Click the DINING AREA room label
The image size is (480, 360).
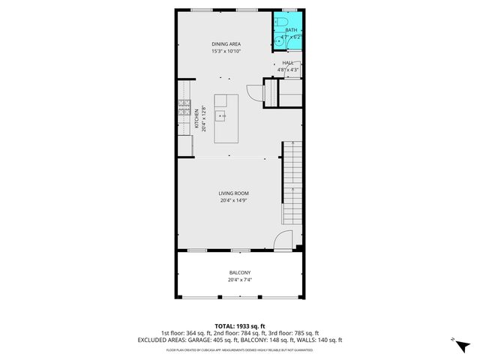coord(224,44)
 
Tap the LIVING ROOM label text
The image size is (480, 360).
coord(234,193)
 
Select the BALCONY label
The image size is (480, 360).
coord(240,272)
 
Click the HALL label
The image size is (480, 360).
coord(288,64)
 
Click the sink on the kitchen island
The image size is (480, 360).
coord(221,116)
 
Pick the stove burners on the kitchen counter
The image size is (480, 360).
coord(182,112)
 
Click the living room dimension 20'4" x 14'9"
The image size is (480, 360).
coord(234,200)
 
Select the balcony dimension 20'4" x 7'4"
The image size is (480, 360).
coord(240,280)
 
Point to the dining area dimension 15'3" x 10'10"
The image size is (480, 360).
coord(224,51)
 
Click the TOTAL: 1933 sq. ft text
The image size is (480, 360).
coord(240,326)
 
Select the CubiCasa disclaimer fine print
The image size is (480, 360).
coord(240,349)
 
